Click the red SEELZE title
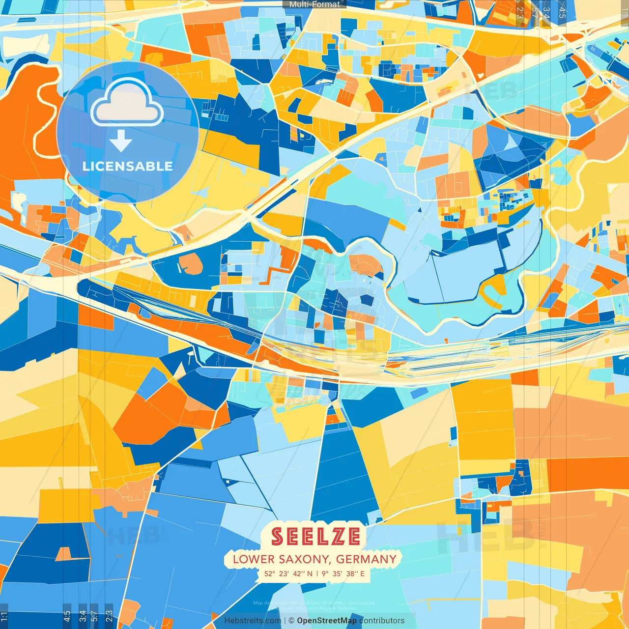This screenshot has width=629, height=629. click(x=315, y=537)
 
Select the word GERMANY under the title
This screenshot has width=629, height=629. click(x=367, y=559)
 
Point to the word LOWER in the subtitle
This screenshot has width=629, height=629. click(x=254, y=559)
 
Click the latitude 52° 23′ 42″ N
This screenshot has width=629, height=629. click(x=288, y=573)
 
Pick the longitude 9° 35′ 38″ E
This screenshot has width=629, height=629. click(x=343, y=573)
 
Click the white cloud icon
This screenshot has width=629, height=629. click(x=127, y=104)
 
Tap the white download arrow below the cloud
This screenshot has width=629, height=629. click(x=121, y=142)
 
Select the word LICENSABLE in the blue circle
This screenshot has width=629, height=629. click(x=128, y=166)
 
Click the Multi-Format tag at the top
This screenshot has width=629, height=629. click(x=314, y=4)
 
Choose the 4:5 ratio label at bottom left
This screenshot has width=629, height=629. click(x=67, y=616)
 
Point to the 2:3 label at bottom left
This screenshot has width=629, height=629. click(x=109, y=616)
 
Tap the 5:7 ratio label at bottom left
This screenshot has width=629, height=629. click(x=95, y=616)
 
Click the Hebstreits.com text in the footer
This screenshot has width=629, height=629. click(x=253, y=621)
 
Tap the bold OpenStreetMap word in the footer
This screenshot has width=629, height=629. click(x=327, y=621)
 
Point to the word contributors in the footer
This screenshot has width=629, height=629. click(x=382, y=621)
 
